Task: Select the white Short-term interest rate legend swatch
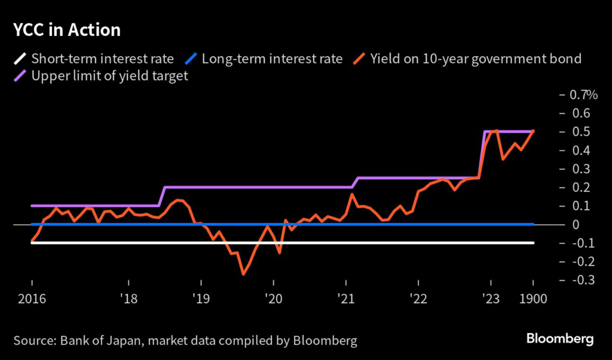point(20,59)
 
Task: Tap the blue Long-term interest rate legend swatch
point(191,59)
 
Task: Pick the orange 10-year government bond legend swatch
point(359,59)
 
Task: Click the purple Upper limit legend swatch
point(20,77)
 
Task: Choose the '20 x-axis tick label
point(273,299)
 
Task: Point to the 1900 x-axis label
point(533,299)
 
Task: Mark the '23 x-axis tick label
point(491,299)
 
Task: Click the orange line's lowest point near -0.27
point(243,274)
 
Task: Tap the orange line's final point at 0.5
point(533,131)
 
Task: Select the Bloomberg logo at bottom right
point(559,339)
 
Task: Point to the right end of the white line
point(533,243)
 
